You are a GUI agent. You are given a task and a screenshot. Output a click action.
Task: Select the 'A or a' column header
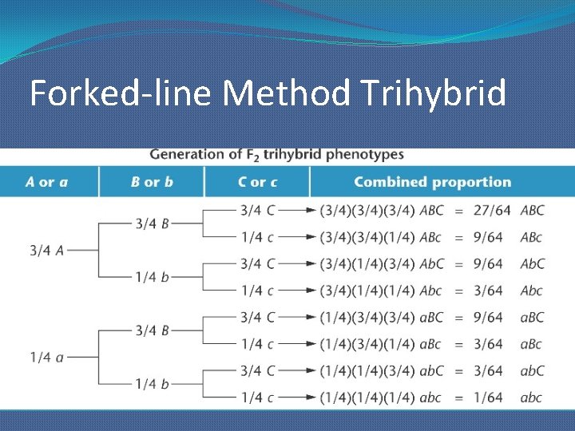click(47, 182)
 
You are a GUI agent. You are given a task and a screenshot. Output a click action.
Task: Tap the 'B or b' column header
click(152, 182)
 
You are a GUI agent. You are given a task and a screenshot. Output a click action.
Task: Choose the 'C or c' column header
click(258, 182)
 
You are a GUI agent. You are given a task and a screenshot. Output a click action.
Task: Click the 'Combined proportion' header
click(432, 182)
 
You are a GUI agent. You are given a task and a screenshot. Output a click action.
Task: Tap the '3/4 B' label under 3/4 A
click(152, 224)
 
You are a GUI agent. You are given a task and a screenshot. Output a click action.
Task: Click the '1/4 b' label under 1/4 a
click(152, 384)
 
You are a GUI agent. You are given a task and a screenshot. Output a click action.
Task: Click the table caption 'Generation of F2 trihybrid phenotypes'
click(276, 155)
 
